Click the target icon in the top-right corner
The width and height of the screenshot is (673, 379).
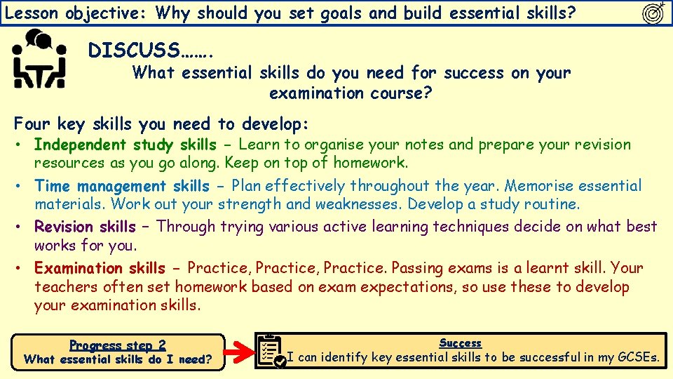(654, 13)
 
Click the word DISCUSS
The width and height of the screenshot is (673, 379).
(133, 51)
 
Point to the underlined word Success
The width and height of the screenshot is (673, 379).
(460, 343)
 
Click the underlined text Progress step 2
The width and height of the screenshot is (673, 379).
(118, 345)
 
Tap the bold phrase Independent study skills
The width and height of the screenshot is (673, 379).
(125, 145)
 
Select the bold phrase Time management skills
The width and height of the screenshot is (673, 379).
(122, 186)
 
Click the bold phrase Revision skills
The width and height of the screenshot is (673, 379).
(85, 227)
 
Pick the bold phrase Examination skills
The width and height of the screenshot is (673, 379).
(100, 268)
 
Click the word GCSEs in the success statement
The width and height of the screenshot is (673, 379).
(637, 357)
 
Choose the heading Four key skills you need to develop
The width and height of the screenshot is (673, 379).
(161, 124)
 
